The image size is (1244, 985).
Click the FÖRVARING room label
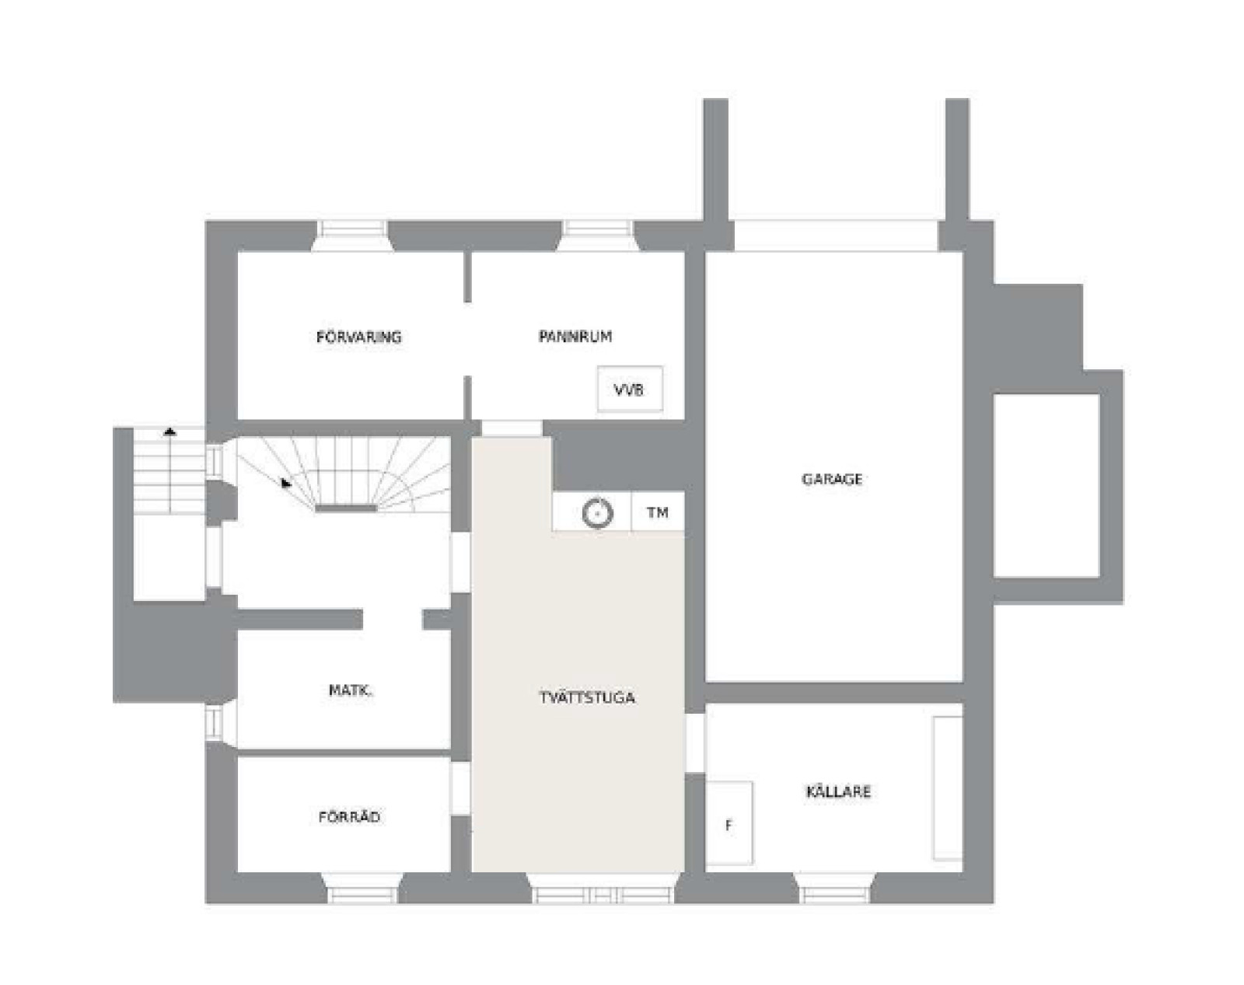[x=358, y=337]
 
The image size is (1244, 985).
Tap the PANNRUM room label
[x=575, y=337]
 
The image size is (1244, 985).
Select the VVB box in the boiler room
[x=630, y=389]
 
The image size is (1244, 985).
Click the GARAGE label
[x=832, y=479]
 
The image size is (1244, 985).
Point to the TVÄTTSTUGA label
[x=587, y=697]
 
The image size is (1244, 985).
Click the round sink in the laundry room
[x=597, y=513]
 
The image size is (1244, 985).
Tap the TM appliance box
[x=657, y=512]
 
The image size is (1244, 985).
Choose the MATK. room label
[x=351, y=690]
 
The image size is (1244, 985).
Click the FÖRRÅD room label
[x=349, y=817]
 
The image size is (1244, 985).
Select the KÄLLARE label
[x=838, y=791]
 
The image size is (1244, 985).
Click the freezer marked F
[x=729, y=823]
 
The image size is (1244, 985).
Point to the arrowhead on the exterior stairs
[x=169, y=431]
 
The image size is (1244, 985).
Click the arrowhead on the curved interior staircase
[x=286, y=483]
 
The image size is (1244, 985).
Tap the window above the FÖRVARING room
[x=354, y=236]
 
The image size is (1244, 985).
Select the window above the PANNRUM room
[x=598, y=236]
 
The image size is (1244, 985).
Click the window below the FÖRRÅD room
[x=362, y=888]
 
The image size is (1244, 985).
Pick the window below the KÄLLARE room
[x=835, y=888]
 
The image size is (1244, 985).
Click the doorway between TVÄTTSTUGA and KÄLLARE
[x=695, y=743]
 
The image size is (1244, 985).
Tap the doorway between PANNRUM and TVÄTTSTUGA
[x=512, y=428]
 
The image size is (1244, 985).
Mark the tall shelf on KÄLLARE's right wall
[x=948, y=788]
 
